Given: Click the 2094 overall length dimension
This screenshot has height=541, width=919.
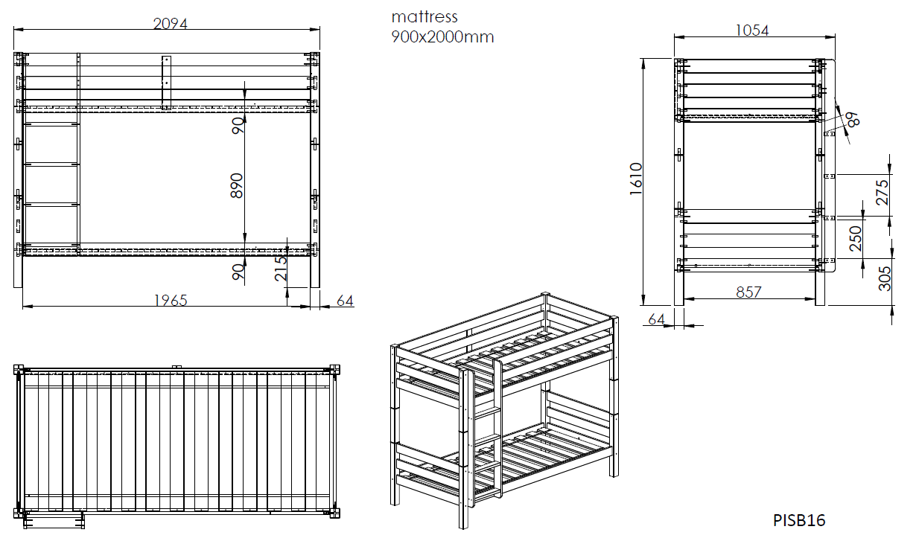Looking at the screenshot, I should [x=170, y=24].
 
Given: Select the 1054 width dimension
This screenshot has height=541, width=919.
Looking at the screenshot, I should [x=751, y=31].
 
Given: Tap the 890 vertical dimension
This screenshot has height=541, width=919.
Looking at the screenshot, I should [x=237, y=185].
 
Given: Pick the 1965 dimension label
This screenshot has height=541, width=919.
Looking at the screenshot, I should [x=171, y=301].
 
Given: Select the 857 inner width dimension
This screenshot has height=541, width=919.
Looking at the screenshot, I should [x=748, y=293].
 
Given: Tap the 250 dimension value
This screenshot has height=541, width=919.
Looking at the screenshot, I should [x=856, y=239].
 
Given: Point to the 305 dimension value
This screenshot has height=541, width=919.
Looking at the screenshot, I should [x=885, y=278].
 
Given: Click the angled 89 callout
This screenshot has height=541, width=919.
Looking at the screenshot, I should [x=852, y=118].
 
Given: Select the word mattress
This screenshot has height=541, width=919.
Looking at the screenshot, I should [x=424, y=17].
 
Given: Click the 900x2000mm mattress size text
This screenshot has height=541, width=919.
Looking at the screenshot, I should [x=442, y=36].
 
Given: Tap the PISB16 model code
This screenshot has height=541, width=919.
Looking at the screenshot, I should [x=799, y=520].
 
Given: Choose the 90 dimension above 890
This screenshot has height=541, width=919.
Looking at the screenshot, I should [x=238, y=126].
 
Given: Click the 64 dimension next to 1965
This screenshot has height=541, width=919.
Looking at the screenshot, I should [x=344, y=301].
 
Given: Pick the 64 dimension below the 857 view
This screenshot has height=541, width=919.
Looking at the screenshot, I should [x=656, y=318].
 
